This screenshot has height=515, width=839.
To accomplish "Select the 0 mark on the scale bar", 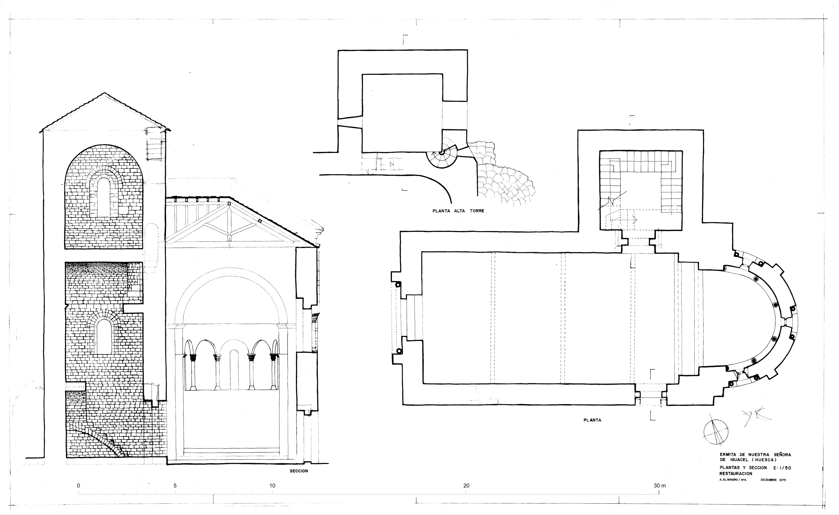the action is (79, 486).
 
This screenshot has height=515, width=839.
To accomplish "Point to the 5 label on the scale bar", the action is (175, 486).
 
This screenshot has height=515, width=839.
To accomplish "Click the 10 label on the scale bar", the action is (272, 486).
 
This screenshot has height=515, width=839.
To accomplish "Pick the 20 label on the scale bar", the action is (466, 486).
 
